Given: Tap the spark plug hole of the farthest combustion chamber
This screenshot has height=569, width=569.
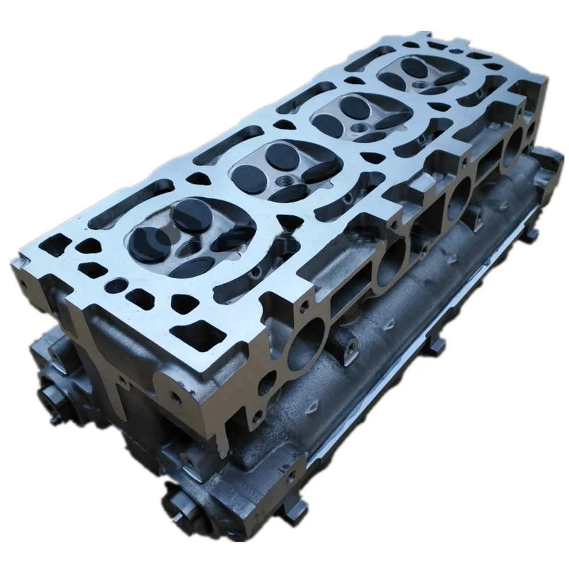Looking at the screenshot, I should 421,85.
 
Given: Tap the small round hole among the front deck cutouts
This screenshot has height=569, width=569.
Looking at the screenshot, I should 117,285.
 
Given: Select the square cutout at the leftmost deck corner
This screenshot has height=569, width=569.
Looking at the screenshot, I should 59,245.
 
